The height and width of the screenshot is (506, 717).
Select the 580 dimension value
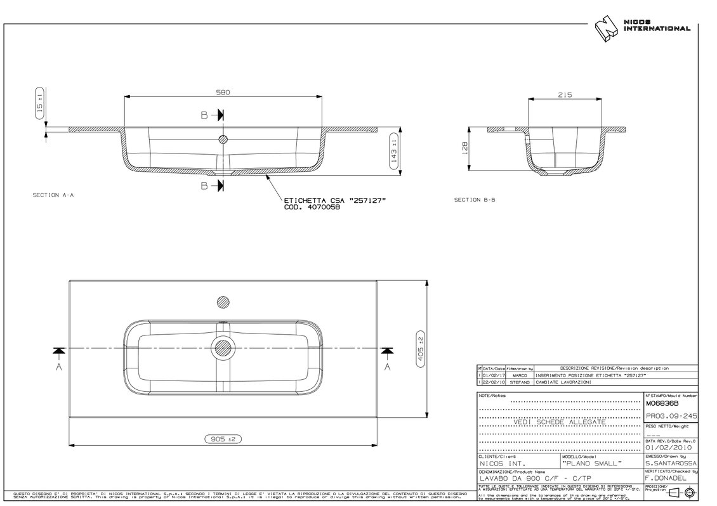click(x=222, y=92)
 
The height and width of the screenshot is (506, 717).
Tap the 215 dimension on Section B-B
click(x=565, y=95)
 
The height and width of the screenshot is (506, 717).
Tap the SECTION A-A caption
click(x=53, y=195)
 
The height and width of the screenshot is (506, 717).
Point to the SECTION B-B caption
click(x=475, y=200)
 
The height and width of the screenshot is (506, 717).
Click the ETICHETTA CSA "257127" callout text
click(x=335, y=200)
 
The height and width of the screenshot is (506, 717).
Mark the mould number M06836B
click(x=661, y=403)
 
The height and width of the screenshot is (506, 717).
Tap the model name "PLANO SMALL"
click(x=592, y=464)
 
